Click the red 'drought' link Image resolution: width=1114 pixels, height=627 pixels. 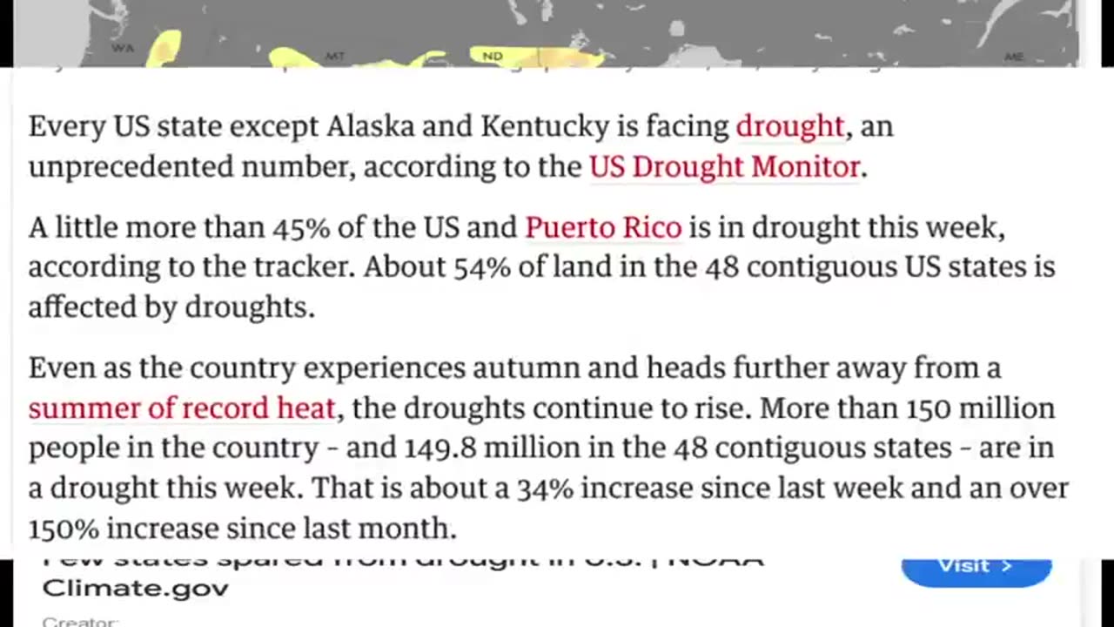(x=790, y=127)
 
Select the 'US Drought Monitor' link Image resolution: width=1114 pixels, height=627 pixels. (x=724, y=167)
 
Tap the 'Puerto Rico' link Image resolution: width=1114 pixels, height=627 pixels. (x=603, y=228)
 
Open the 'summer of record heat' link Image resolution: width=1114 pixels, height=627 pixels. (x=182, y=408)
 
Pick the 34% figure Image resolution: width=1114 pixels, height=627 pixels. (x=545, y=489)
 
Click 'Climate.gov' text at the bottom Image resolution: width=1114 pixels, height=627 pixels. (x=136, y=588)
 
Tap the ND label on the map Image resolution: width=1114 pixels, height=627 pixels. (x=493, y=57)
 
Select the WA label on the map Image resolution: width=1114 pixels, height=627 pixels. (x=123, y=48)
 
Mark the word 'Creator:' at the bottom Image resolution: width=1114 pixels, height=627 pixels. (x=79, y=622)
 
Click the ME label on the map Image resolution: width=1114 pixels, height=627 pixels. (x=1014, y=57)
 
